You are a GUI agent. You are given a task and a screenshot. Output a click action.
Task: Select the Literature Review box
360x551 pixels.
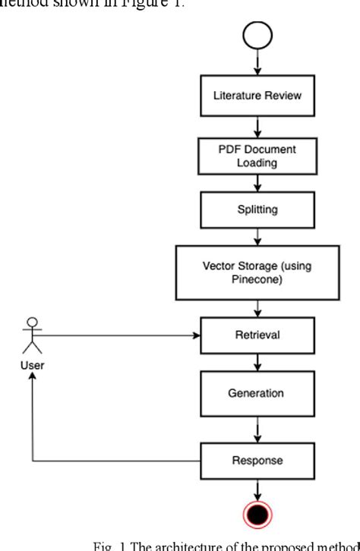pyautogui.click(x=257, y=97)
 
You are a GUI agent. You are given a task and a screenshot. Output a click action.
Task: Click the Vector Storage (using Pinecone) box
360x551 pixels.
pyautogui.click(x=257, y=271)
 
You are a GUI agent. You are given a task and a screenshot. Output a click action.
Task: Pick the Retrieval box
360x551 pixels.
pyautogui.click(x=257, y=335)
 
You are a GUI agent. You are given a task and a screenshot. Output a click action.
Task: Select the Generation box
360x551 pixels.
pyautogui.click(x=257, y=394)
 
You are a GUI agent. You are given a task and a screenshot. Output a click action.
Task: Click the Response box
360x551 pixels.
pyautogui.click(x=257, y=460)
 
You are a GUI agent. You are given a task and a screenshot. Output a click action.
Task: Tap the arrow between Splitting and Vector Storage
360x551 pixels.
pyautogui.click(x=257, y=236)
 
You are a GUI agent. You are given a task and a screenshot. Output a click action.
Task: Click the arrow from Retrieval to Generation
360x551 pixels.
pyautogui.click(x=257, y=362)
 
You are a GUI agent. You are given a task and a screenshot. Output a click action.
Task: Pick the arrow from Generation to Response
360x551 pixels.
pyautogui.click(x=257, y=430)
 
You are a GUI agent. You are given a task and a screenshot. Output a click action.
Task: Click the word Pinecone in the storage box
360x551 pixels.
pyautogui.click(x=257, y=279)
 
